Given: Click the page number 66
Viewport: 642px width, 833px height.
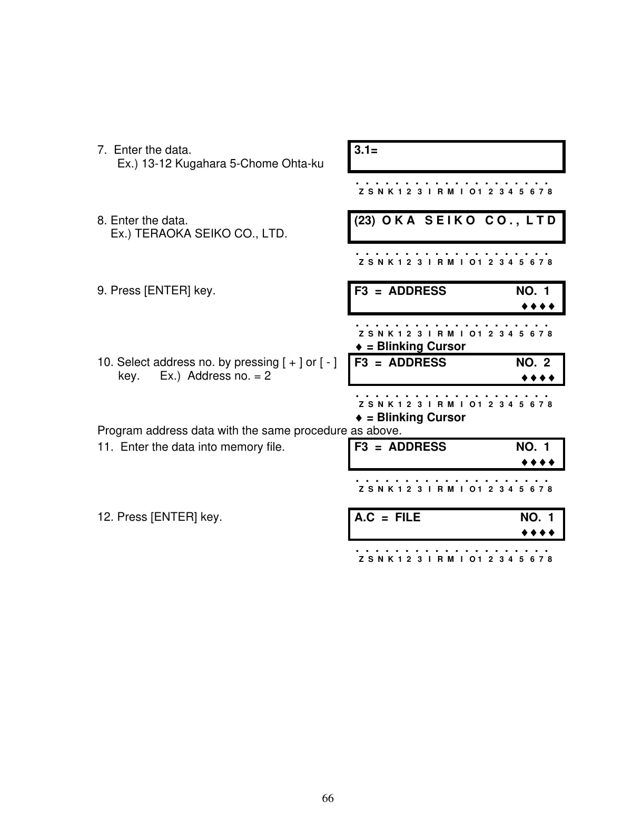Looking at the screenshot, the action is pyautogui.click(x=328, y=798).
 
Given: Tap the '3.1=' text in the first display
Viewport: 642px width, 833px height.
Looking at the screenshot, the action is pyautogui.click(x=366, y=150).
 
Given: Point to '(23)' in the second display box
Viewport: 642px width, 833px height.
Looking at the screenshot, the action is pyautogui.click(x=364, y=221).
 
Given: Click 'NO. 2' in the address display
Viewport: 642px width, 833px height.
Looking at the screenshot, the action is pyautogui.click(x=533, y=363).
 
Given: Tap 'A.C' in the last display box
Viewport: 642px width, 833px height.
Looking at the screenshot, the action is pyautogui.click(x=364, y=518).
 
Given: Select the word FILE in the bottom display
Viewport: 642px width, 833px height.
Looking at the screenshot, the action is pyautogui.click(x=408, y=518).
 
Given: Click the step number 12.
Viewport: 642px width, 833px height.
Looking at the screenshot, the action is pyautogui.click(x=104, y=517).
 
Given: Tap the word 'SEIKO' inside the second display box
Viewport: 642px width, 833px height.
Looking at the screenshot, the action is pyautogui.click(x=450, y=221).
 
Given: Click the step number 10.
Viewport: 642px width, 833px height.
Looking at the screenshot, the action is pyautogui.click(x=104, y=362).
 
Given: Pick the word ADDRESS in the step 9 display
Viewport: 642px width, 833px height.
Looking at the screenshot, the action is pyautogui.click(x=417, y=291).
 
